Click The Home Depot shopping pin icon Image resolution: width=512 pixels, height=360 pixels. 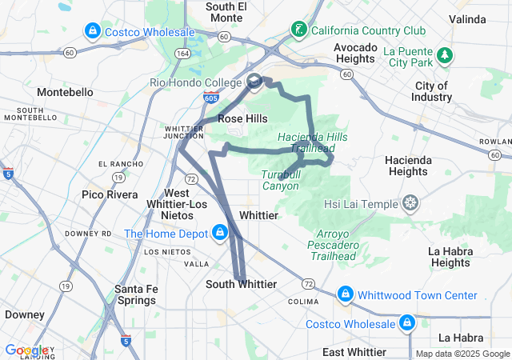tap(218, 234)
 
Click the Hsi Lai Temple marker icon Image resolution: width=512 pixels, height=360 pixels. tap(410, 203)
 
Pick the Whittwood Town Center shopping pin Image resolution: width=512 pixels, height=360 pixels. tap(346, 295)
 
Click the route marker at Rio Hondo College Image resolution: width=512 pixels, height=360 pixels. tap(254, 81)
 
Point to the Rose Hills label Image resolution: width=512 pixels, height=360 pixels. tap(242, 118)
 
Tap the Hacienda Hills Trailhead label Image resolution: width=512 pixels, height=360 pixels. tap(313, 142)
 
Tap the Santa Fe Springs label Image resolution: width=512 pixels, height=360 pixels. tap(135, 294)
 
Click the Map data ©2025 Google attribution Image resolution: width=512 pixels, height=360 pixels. tap(462, 354)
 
